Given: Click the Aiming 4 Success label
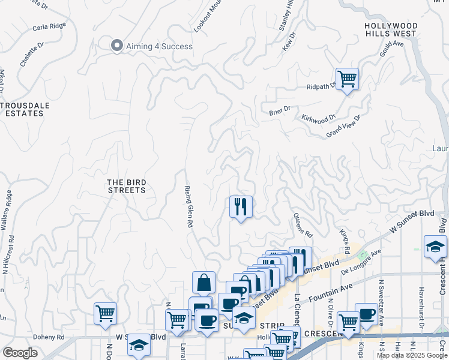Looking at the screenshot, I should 159,46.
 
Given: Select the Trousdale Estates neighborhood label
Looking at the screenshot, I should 25,109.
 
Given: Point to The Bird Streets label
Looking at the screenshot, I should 126,186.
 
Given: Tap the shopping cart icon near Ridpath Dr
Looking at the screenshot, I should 347,78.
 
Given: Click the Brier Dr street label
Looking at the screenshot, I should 280,109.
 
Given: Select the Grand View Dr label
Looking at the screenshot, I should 343,127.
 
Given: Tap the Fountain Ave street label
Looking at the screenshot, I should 327,290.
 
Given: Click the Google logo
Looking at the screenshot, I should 20,353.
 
